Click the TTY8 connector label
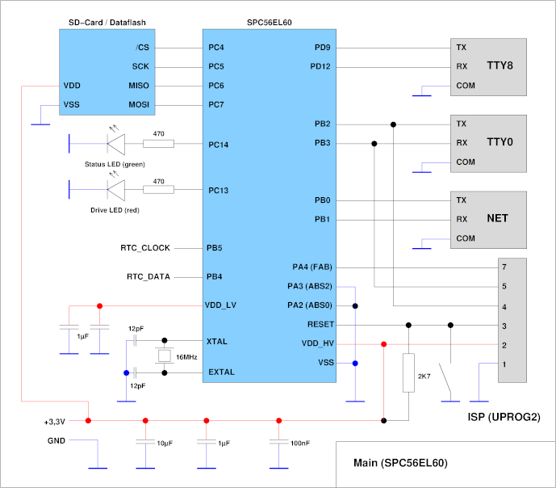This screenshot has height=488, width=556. point(500,65)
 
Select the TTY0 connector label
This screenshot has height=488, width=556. point(500,142)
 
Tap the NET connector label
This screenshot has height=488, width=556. point(497,219)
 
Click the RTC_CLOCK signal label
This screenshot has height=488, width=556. point(145,247)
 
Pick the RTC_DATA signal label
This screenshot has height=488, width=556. point(148,276)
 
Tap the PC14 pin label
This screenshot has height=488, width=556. point(219,145)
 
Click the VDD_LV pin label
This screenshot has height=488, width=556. point(221,305)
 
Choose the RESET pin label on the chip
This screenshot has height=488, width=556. point(320,325)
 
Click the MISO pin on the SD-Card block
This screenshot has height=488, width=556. point(138,86)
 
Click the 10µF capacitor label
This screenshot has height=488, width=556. point(165,444)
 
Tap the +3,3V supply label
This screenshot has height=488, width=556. point(54,421)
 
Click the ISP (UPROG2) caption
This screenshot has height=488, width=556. point(500,418)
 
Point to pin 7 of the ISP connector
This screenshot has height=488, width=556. point(504,267)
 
